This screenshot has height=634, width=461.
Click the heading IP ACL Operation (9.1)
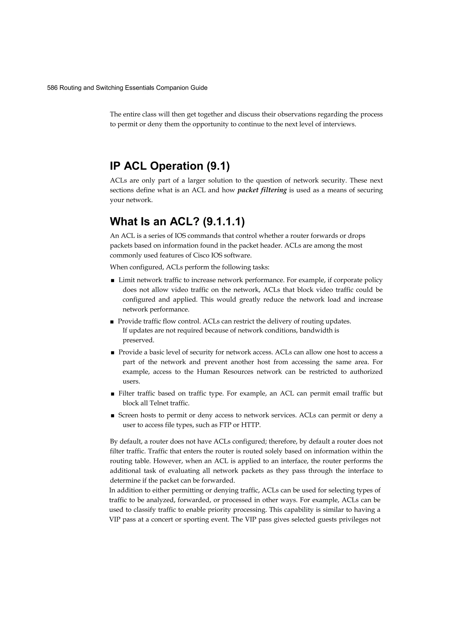(169, 166)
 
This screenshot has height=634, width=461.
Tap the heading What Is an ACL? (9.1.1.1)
(177, 221)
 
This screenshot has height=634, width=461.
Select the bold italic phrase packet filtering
(262, 190)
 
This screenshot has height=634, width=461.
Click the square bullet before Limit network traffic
(113, 280)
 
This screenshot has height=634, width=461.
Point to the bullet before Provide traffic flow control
(112, 322)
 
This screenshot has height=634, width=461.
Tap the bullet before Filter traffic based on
(113, 394)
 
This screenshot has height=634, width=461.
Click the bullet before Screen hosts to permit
(113, 416)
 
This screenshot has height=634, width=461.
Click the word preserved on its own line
(138, 340)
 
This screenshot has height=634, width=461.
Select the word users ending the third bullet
(131, 382)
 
